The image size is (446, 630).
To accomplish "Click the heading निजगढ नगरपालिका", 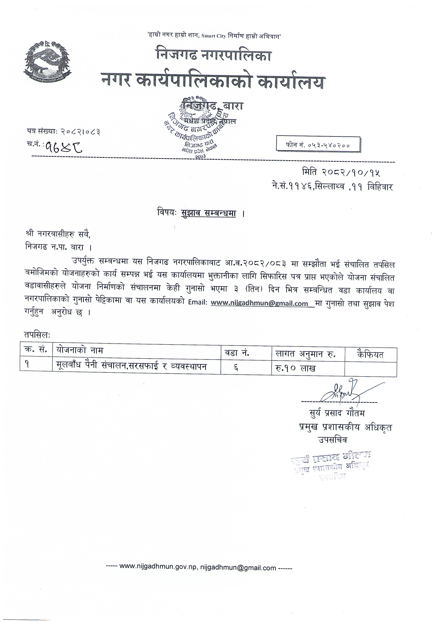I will [x=214, y=55].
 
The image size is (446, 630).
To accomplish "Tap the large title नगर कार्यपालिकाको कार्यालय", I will [x=213, y=82].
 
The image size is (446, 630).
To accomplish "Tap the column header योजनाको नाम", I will [x=79, y=350].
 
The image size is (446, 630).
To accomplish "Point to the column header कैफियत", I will [x=370, y=355].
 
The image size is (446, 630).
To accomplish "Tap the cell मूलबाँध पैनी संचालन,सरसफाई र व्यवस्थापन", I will [x=132, y=366].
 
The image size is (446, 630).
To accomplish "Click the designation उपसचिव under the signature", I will [x=332, y=440].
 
